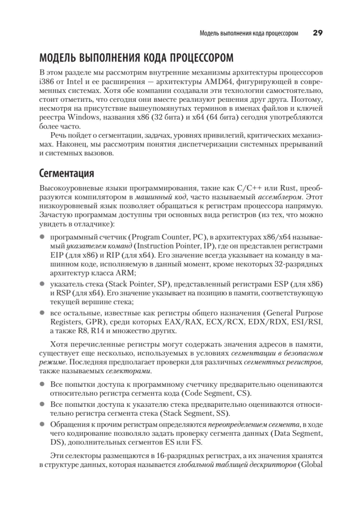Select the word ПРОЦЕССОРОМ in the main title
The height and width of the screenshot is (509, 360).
pos(198,57)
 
